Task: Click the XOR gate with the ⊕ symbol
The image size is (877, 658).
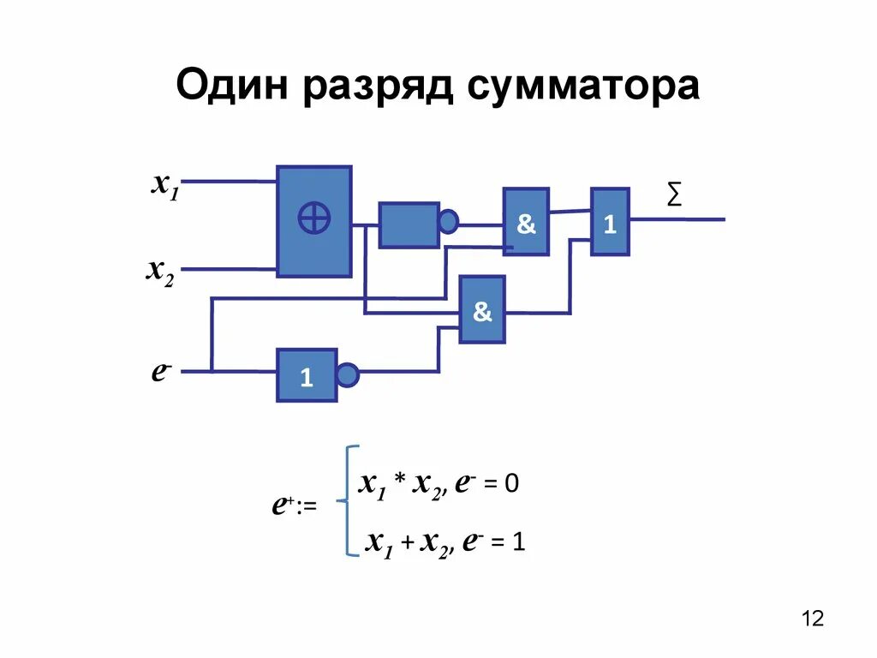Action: pyautogui.click(x=313, y=221)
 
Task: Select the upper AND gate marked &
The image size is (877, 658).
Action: pyautogui.click(x=526, y=222)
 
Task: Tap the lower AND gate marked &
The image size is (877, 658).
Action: pyautogui.click(x=482, y=309)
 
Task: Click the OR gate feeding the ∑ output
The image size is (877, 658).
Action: pyautogui.click(x=610, y=222)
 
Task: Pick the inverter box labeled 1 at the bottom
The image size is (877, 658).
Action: pyautogui.click(x=307, y=375)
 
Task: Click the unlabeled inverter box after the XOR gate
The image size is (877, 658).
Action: pyautogui.click(x=409, y=225)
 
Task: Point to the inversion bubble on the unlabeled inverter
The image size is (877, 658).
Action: pyautogui.click(x=449, y=223)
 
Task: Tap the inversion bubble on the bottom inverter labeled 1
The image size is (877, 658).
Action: pyautogui.click(x=347, y=375)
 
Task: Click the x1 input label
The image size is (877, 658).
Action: pyautogui.click(x=164, y=184)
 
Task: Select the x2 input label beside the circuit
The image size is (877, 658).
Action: pyautogui.click(x=160, y=272)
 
